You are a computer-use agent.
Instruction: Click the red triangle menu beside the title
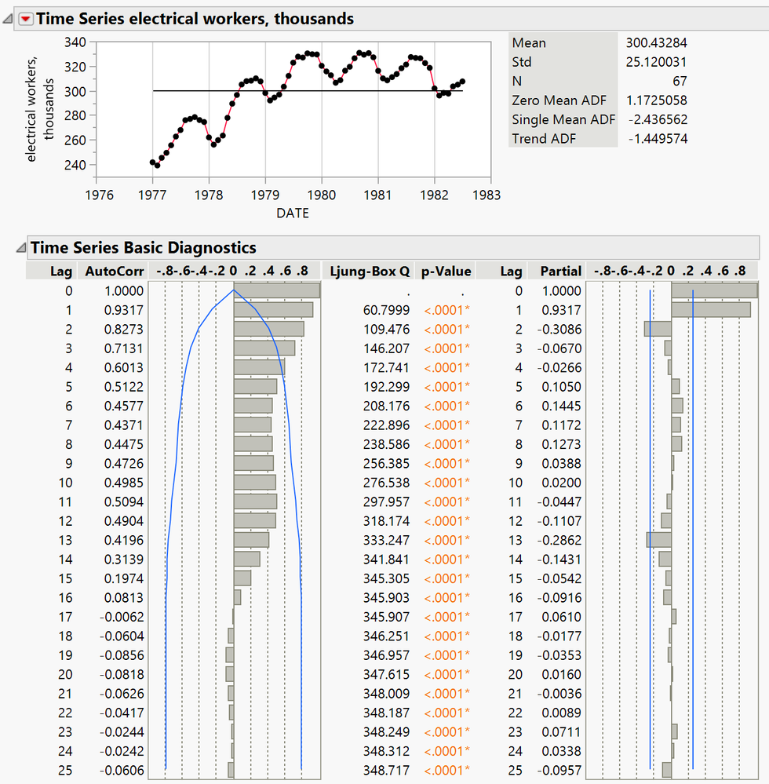pyautogui.click(x=26, y=19)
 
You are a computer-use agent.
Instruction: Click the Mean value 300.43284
pyautogui.click(x=656, y=42)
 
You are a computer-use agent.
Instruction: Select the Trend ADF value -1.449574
pyautogui.click(x=658, y=139)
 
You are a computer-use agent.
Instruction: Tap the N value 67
pyautogui.click(x=679, y=81)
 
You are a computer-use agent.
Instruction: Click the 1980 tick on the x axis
pyautogui.click(x=322, y=193)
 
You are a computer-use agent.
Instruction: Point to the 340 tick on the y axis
pyautogui.click(x=76, y=43)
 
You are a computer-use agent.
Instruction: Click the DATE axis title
pyautogui.click(x=293, y=213)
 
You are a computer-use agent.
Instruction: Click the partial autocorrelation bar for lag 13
pyautogui.click(x=659, y=539)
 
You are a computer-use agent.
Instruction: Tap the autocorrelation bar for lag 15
pyautogui.click(x=242, y=578)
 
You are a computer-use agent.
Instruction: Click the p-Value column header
pyautogui.click(x=446, y=272)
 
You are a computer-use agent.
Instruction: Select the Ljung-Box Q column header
pyautogui.click(x=370, y=272)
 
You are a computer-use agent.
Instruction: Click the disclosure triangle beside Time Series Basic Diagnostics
pyautogui.click(x=20, y=248)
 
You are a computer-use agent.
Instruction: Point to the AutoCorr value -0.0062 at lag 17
pyautogui.click(x=122, y=616)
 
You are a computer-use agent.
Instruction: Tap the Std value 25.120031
pyautogui.click(x=656, y=62)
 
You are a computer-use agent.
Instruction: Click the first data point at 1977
pyautogui.click(x=152, y=162)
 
